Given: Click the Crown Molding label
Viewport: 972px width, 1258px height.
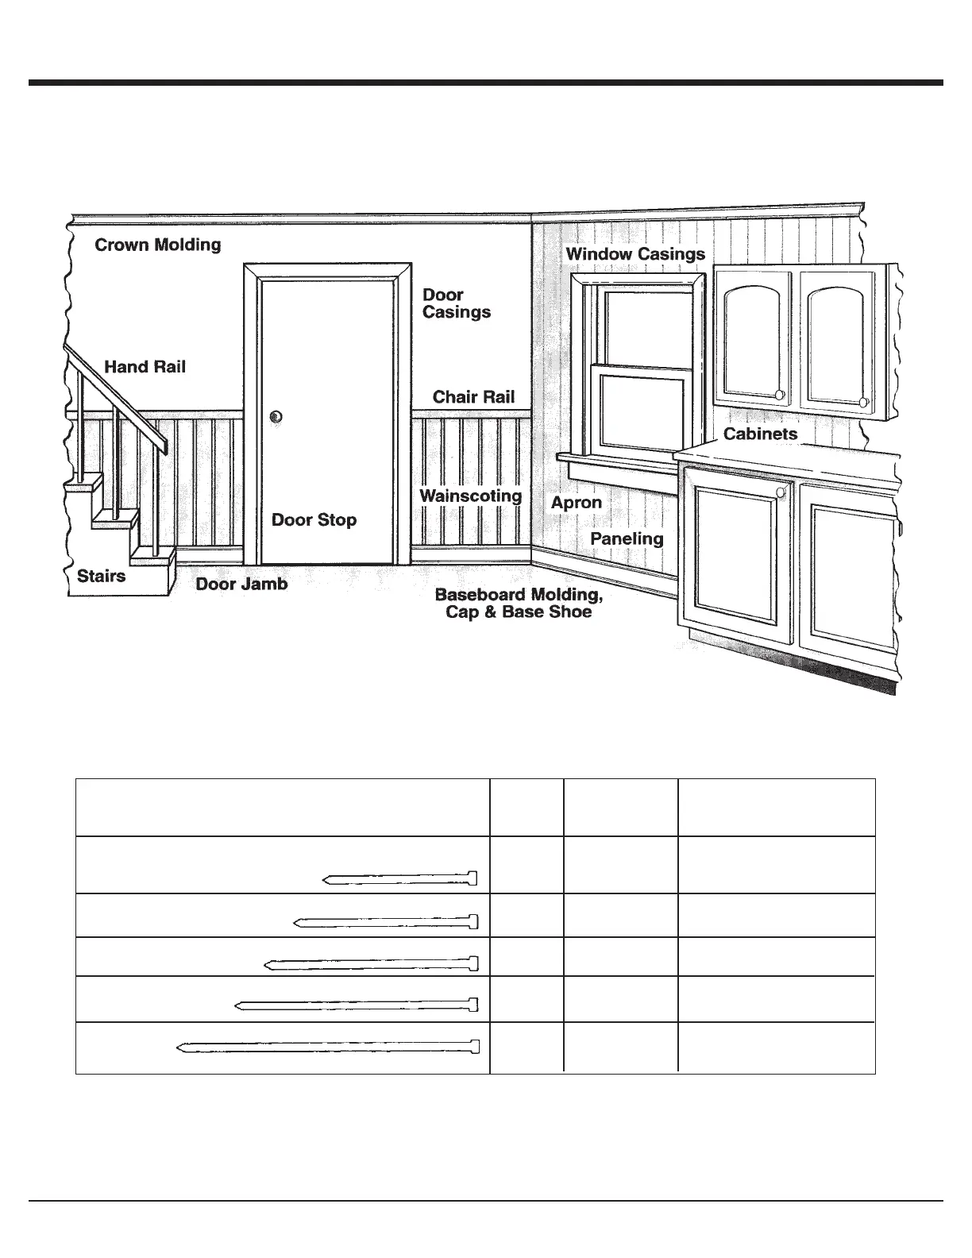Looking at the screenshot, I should click(x=158, y=245).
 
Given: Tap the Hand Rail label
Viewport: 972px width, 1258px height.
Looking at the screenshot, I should click(x=145, y=367).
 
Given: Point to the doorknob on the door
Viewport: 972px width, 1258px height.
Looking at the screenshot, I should click(x=276, y=417).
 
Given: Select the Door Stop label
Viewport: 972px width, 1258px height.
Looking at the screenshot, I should click(x=314, y=520).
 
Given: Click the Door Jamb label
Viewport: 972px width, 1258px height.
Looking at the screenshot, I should click(x=242, y=585).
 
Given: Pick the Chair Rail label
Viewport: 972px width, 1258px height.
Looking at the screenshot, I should click(x=473, y=397).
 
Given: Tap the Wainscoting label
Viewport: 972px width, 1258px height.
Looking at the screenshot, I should click(x=471, y=496).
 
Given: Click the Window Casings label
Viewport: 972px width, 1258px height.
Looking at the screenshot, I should click(x=635, y=254).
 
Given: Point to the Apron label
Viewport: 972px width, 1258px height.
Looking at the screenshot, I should click(x=577, y=503).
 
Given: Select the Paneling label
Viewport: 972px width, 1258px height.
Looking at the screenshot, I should click(x=627, y=538).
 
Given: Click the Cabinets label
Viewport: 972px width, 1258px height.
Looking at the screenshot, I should click(x=760, y=434).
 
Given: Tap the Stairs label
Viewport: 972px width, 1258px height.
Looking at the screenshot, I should click(x=102, y=576).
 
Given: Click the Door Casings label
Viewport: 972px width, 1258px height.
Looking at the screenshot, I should click(x=457, y=303).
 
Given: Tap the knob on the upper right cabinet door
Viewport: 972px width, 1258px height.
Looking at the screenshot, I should click(x=864, y=403).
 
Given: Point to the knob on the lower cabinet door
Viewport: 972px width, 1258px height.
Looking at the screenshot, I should click(x=781, y=492).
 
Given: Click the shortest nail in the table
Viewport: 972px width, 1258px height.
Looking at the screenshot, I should click(x=400, y=878).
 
